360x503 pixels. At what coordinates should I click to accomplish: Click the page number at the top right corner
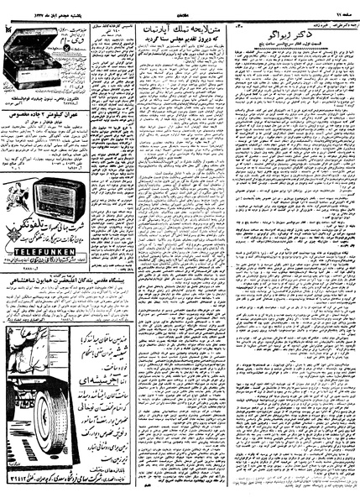[344, 5]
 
